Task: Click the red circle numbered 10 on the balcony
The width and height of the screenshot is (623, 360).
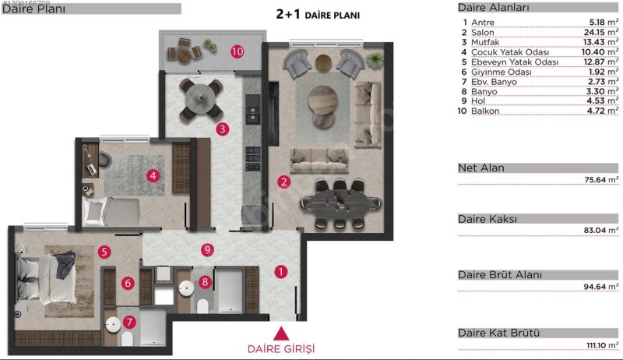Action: tap(238, 51)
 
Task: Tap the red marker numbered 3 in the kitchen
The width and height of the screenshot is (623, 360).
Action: tap(223, 129)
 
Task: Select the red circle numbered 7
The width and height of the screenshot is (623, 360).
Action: tap(129, 322)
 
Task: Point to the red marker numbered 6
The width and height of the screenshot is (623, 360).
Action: tap(128, 283)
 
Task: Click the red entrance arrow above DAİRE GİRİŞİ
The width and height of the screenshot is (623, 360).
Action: tap(281, 334)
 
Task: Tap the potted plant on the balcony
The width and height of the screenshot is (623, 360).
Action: tap(210, 45)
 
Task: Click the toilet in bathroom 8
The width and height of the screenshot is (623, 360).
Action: tap(203, 306)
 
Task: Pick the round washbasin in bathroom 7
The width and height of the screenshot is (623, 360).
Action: tap(113, 325)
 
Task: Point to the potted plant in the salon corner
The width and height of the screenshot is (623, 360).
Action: tap(375, 60)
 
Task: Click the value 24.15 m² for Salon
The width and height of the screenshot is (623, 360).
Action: tap(601, 32)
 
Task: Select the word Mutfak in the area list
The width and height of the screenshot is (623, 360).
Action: tap(485, 42)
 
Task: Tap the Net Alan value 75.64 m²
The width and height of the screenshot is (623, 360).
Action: tap(601, 179)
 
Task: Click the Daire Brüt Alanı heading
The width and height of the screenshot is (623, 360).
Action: tap(500, 274)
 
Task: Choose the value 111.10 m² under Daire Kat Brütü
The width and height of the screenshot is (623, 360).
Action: tap(602, 345)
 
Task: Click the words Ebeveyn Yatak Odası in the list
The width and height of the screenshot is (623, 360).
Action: tap(515, 62)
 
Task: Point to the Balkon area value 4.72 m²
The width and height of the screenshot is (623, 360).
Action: tap(602, 111)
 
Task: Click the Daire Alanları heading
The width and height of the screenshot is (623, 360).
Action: tap(494, 8)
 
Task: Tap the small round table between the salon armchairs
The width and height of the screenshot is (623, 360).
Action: tap(323, 62)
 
